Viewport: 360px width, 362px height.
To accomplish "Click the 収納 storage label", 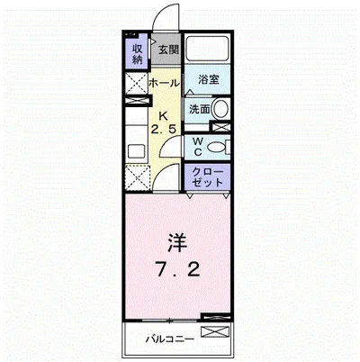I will click(138, 53).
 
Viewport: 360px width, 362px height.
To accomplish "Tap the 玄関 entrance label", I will click(169, 50).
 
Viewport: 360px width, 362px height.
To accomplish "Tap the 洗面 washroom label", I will click(200, 110).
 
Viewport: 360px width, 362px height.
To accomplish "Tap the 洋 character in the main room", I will click(176, 243).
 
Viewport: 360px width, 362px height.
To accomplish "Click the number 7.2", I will click(176, 270).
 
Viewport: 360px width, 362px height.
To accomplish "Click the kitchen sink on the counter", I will click(137, 149).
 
